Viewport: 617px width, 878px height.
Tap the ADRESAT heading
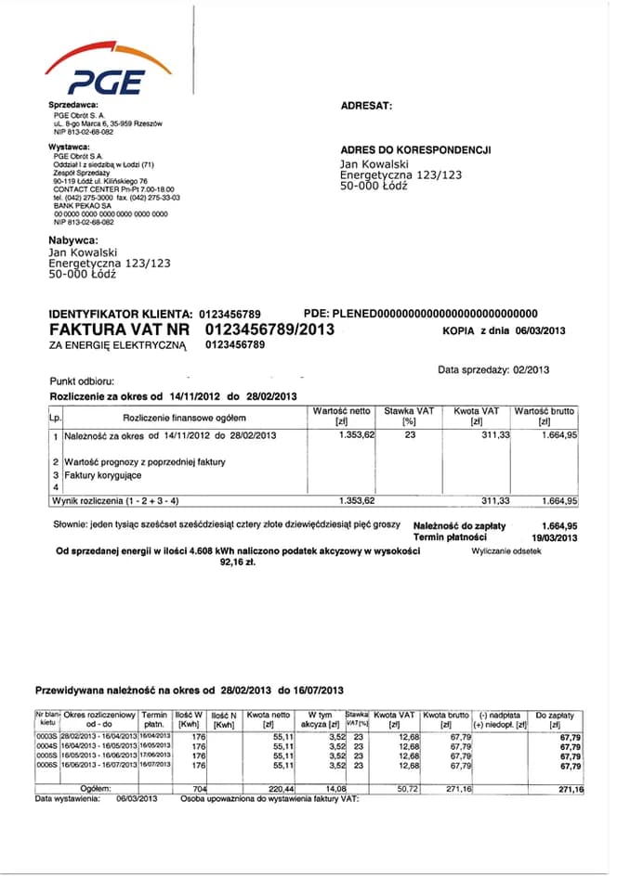pos(367,106)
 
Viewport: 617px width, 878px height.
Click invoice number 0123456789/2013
pos(269,329)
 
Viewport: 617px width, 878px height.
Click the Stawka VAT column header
pos(409,410)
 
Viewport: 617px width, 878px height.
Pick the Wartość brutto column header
pos(545,410)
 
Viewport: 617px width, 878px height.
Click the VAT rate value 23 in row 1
pos(409,434)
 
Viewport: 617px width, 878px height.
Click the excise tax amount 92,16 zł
pos(237,562)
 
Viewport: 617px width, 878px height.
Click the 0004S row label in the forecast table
pos(46,745)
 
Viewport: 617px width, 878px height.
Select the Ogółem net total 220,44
pos(279,788)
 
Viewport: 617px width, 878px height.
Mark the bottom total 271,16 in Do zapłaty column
pos(567,789)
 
